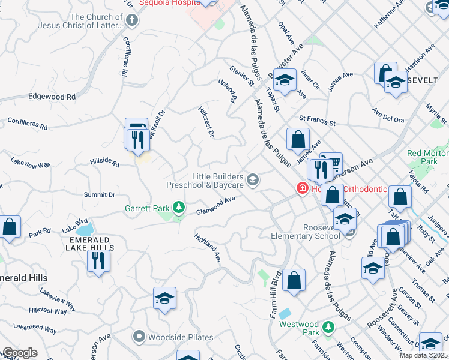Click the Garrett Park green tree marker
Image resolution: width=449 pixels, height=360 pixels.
tap(178, 208)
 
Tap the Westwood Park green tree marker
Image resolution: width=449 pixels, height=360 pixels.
tap(328, 328)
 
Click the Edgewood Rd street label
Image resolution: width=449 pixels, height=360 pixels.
tap(52, 97)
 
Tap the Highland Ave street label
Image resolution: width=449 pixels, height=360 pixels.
tap(208, 248)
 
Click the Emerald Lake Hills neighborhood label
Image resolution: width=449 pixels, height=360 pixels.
tap(89, 239)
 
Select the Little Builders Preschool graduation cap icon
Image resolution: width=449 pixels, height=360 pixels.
tap(253, 178)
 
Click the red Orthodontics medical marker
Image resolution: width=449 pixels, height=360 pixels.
tap(303, 188)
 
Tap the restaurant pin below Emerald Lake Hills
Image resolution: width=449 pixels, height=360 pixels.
tap(98, 260)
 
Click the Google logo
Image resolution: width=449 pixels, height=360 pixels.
tap(19, 353)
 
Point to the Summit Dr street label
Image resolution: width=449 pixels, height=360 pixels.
tap(99, 195)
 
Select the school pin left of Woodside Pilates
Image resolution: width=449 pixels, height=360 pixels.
tap(164, 298)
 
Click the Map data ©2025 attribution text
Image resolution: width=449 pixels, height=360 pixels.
tap(424, 355)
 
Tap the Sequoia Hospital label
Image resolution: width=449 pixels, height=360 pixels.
tap(169, 3)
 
